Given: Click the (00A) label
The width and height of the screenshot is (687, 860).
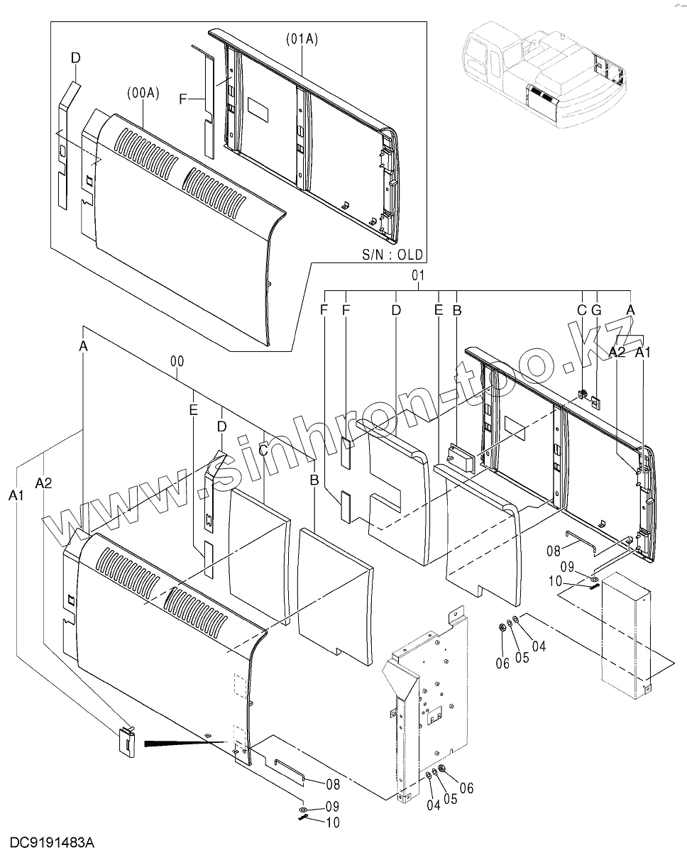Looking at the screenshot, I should (x=143, y=93).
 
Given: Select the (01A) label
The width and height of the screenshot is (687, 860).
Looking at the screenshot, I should (x=302, y=40).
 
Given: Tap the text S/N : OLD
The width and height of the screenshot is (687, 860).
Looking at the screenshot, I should (x=391, y=253).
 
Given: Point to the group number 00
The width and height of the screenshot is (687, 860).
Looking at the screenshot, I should (x=177, y=362).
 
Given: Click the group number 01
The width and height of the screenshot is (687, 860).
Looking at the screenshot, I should (x=417, y=275).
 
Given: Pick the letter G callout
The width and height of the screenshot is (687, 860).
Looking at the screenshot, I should (x=596, y=310).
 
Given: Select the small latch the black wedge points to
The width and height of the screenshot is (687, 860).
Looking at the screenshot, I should (x=127, y=741).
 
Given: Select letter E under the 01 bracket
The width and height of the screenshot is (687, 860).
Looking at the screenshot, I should (x=439, y=310).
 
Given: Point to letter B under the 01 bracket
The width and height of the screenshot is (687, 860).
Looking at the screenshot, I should (x=457, y=310).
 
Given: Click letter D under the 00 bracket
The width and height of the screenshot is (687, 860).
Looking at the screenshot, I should (x=221, y=426).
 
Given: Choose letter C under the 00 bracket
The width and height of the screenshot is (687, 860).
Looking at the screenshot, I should (x=263, y=449).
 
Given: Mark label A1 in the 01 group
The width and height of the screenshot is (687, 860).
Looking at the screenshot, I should (x=642, y=352).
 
